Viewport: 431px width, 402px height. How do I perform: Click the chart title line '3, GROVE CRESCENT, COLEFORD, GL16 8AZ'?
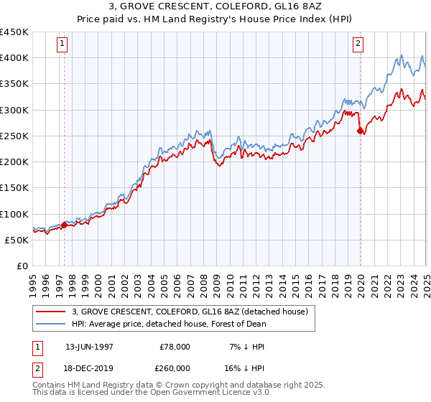coord(215,8)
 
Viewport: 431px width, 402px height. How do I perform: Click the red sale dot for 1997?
coord(64,225)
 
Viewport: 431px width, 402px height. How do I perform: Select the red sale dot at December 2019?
coord(360,131)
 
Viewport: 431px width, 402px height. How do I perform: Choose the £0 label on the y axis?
coord(22,266)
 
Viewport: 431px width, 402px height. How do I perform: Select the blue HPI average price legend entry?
coord(169,324)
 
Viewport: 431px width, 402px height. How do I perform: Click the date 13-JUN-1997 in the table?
coord(89,346)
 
